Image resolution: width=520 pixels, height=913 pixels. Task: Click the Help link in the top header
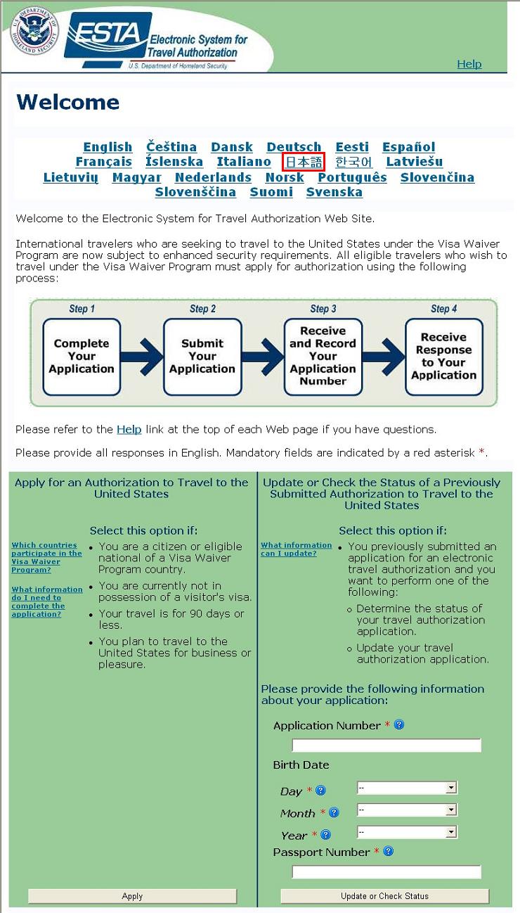click(x=469, y=64)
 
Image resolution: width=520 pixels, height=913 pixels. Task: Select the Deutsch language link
click(x=294, y=147)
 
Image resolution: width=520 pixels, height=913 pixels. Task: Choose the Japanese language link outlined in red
click(x=304, y=162)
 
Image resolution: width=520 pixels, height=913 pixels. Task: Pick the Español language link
click(x=408, y=147)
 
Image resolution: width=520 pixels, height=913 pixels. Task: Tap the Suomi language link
click(x=271, y=192)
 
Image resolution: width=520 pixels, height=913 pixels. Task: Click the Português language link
click(x=352, y=177)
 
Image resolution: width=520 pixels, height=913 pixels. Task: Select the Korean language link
click(x=353, y=162)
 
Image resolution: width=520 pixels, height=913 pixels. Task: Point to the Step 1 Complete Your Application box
click(x=82, y=357)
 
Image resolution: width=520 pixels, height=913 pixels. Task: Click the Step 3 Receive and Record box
click(x=323, y=357)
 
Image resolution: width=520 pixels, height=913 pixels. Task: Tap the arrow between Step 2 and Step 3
click(x=263, y=357)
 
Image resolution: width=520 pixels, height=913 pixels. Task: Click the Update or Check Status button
click(x=384, y=896)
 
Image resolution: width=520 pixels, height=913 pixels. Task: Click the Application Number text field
click(x=386, y=745)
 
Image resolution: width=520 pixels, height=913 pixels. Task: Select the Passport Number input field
click(x=386, y=871)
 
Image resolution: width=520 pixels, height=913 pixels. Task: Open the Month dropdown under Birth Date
click(x=407, y=810)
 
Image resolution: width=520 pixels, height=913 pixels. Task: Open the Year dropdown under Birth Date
click(x=407, y=832)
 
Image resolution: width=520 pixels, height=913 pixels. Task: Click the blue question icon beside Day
click(x=321, y=791)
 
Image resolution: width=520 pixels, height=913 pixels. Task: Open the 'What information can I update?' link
click(x=296, y=549)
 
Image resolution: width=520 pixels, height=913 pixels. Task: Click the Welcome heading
click(x=67, y=102)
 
